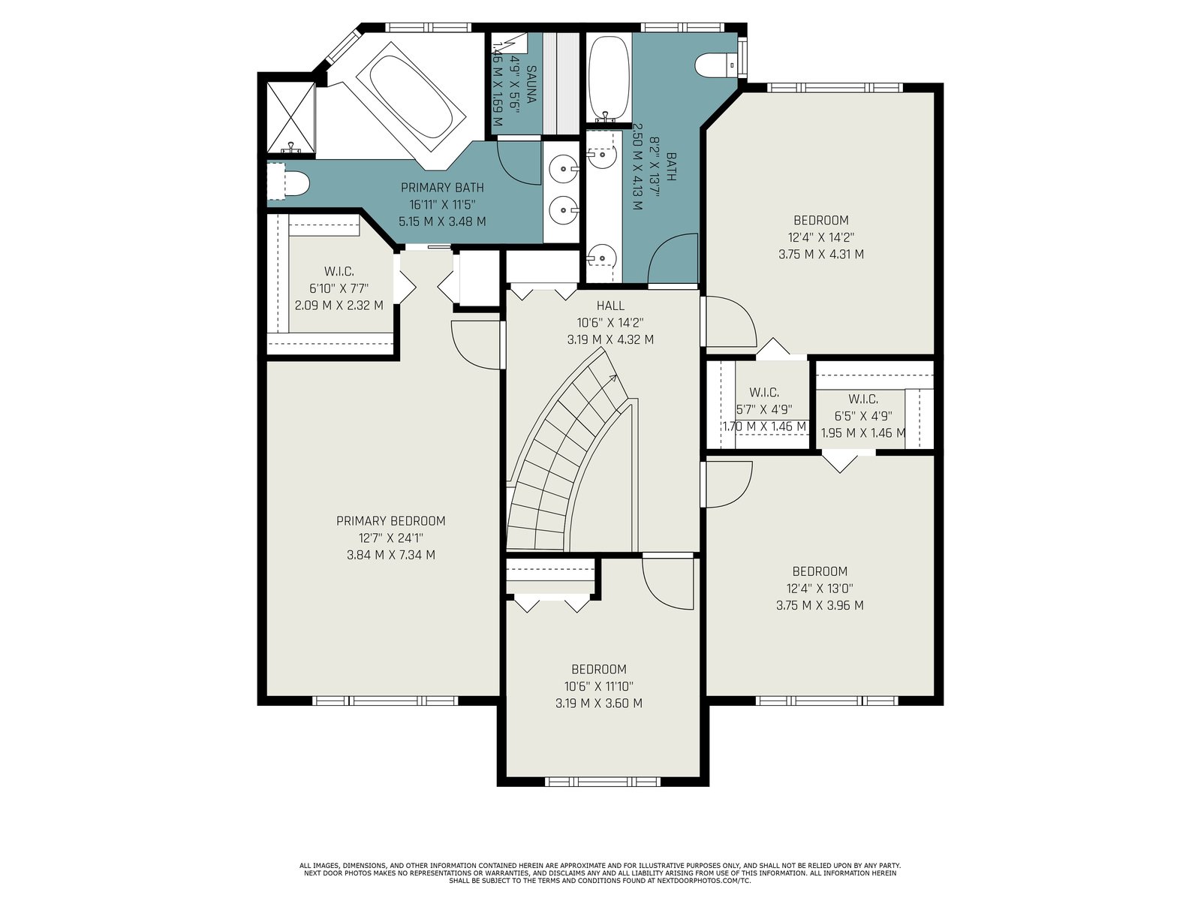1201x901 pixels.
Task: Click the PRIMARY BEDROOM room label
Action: tap(390, 521)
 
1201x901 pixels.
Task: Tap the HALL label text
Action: tap(610, 306)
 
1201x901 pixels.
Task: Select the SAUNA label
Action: tap(531, 84)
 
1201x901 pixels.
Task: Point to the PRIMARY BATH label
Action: tap(442, 188)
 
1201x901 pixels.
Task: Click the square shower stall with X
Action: tap(291, 118)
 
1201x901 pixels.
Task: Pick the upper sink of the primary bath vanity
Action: tap(564, 168)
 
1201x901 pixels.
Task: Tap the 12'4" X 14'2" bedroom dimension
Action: tap(820, 237)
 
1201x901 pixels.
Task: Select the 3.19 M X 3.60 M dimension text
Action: tap(598, 704)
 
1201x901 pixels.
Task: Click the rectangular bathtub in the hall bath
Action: tap(609, 79)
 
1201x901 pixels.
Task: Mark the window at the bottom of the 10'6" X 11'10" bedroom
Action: tap(603, 782)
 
